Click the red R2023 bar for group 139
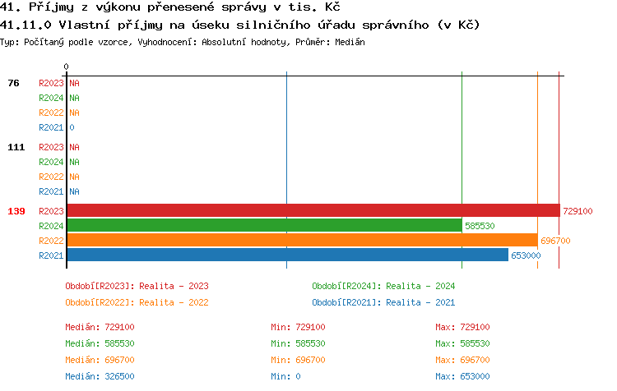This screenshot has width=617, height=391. point(313,211)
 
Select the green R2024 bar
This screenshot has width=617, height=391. point(264,226)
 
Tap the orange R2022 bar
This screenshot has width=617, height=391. point(302,241)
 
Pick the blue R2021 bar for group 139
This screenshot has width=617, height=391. point(287,255)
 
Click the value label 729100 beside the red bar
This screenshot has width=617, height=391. point(578,211)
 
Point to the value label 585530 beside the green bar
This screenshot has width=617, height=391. point(480,226)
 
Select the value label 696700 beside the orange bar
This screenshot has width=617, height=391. point(555,241)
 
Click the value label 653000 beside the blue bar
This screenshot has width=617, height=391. point(526,255)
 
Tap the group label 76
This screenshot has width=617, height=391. point(14,83)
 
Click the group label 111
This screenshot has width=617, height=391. point(16,147)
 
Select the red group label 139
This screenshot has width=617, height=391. point(16,211)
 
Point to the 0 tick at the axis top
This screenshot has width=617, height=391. point(67,67)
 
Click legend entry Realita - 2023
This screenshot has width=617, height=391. point(137,286)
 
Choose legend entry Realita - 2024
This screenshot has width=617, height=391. point(383,286)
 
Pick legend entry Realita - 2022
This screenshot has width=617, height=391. point(137,301)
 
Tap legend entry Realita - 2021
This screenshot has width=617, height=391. point(383,301)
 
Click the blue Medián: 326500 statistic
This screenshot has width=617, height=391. point(100,376)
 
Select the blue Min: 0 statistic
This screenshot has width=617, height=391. point(286,376)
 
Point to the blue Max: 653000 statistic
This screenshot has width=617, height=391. point(462,376)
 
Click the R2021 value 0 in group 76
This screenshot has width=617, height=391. point(72,127)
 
